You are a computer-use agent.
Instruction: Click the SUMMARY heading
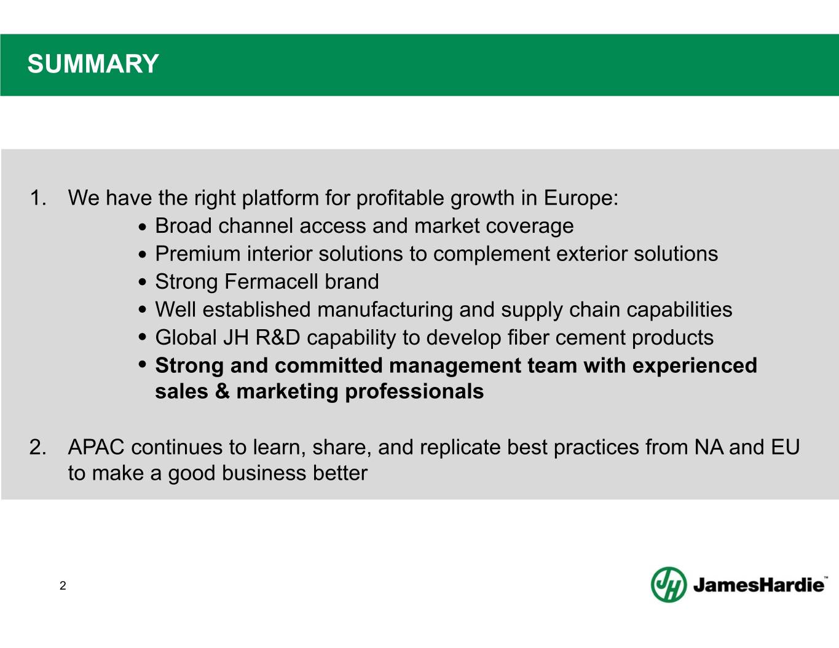pos(93,64)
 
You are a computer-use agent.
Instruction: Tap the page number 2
pos(63,585)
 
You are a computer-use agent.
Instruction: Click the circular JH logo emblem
pos(669,584)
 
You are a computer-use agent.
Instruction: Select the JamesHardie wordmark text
pos(758,585)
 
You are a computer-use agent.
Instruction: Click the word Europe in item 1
pos(581,198)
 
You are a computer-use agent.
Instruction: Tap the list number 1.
pos(38,198)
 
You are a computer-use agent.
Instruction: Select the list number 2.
pos(38,448)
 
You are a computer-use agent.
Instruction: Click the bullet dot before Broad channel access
pos(143,227)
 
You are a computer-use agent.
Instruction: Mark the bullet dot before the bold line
pos(143,364)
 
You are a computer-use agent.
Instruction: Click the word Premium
pos(197,254)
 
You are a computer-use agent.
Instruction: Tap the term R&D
pos(278,337)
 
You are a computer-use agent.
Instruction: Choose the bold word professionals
pos(414,392)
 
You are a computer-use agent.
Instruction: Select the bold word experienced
pos(695,366)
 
